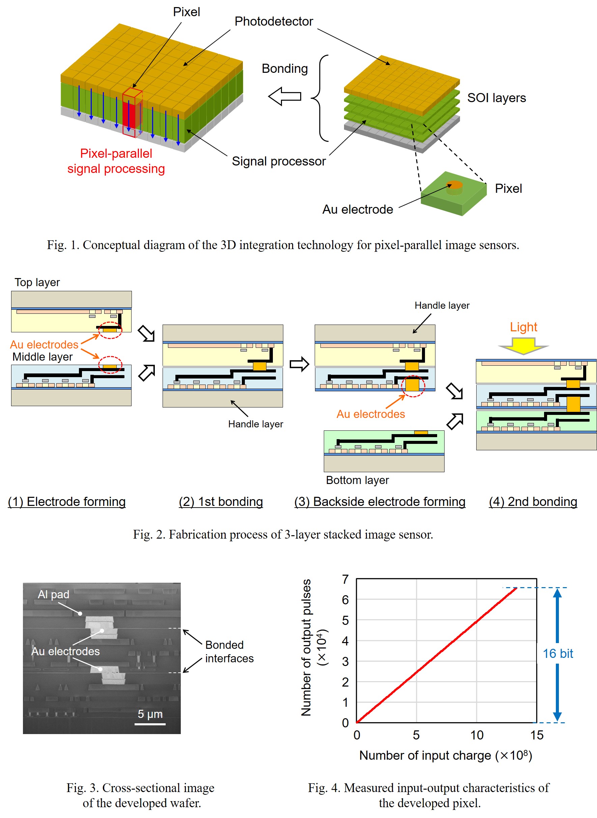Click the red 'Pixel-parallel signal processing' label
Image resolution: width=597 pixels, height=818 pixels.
pyautogui.click(x=116, y=161)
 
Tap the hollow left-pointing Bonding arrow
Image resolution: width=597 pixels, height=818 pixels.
pyautogui.click(x=285, y=96)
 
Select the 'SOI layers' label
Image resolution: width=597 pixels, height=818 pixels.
pyautogui.click(x=496, y=98)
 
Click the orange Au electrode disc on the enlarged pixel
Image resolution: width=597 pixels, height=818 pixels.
pyautogui.click(x=454, y=185)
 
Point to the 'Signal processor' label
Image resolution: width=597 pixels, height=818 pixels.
pyautogui.click(x=278, y=161)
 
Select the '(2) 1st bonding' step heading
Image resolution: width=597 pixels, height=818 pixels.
pyautogui.click(x=221, y=502)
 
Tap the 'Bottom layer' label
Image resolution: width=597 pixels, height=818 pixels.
pyautogui.click(x=357, y=480)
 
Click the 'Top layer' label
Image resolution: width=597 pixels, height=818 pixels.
pyautogui.click(x=37, y=282)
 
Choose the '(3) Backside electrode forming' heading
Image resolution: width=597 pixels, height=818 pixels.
pyautogui.click(x=379, y=502)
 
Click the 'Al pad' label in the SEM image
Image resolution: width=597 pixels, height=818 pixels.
pyautogui.click(x=54, y=594)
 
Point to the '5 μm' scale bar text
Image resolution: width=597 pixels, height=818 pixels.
pyautogui.click(x=150, y=714)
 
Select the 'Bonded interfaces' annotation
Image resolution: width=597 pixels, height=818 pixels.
pyautogui.click(x=229, y=652)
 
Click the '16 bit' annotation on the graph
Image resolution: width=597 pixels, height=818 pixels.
pyautogui.click(x=558, y=653)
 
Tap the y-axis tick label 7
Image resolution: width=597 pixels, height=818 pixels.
pyautogui.click(x=345, y=579)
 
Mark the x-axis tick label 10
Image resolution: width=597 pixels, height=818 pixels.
pyautogui.click(x=476, y=735)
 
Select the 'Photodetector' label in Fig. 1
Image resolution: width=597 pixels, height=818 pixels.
pyautogui.click(x=274, y=21)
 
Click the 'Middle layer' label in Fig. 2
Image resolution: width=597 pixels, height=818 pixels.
pyautogui.click(x=42, y=357)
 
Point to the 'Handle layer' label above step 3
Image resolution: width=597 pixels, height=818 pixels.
pyautogui.click(x=442, y=306)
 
